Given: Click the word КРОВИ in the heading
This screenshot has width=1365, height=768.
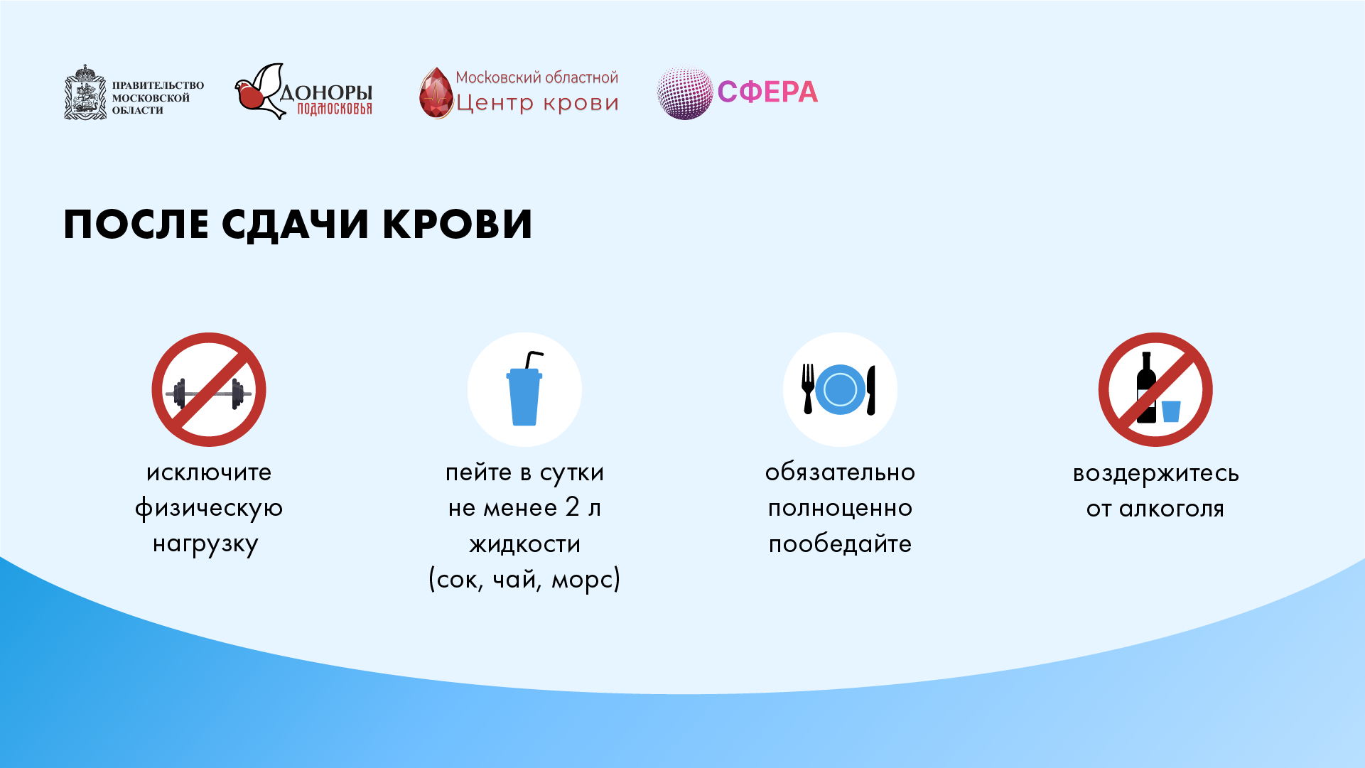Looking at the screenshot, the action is coord(458,225).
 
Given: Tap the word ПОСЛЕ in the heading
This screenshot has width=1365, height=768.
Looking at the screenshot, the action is coord(136,225).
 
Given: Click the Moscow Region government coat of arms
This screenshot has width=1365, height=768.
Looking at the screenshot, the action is coord(85,92).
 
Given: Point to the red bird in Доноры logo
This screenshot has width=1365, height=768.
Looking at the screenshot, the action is coord(250,96).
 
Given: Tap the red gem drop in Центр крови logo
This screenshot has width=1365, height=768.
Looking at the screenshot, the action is coord(436,93).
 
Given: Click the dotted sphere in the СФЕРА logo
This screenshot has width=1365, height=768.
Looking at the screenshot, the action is coord(684,93).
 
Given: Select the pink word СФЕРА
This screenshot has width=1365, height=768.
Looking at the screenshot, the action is coord(767,92).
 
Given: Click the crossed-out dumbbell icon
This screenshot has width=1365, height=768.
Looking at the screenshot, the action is coord(209,389).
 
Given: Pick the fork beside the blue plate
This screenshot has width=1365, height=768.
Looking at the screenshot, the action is coord(808,389).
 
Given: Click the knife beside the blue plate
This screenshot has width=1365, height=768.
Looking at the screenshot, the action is coord(871,390).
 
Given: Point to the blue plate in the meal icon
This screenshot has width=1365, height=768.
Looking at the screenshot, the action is coord(840,389).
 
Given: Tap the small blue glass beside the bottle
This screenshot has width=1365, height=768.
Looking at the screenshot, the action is coord(1171,411).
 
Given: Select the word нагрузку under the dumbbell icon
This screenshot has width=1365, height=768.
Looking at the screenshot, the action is coord(205,545).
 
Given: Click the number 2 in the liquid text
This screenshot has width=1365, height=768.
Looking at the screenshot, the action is coord(573,507).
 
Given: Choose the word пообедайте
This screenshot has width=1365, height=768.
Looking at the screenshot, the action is coord(840,543).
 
